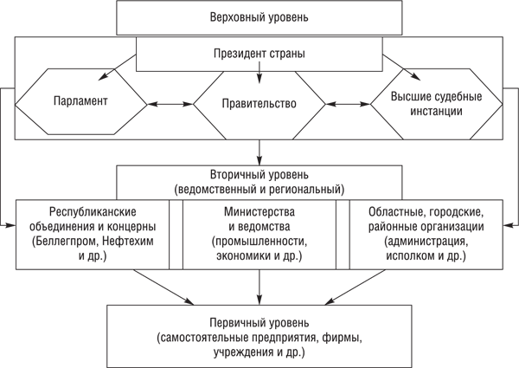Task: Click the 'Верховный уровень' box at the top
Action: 259,17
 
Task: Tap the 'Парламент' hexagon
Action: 79,101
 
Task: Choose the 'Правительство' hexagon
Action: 259,103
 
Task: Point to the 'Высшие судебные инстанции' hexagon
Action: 437,103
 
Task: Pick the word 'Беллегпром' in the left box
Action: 71,242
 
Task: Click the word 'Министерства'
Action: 259,211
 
